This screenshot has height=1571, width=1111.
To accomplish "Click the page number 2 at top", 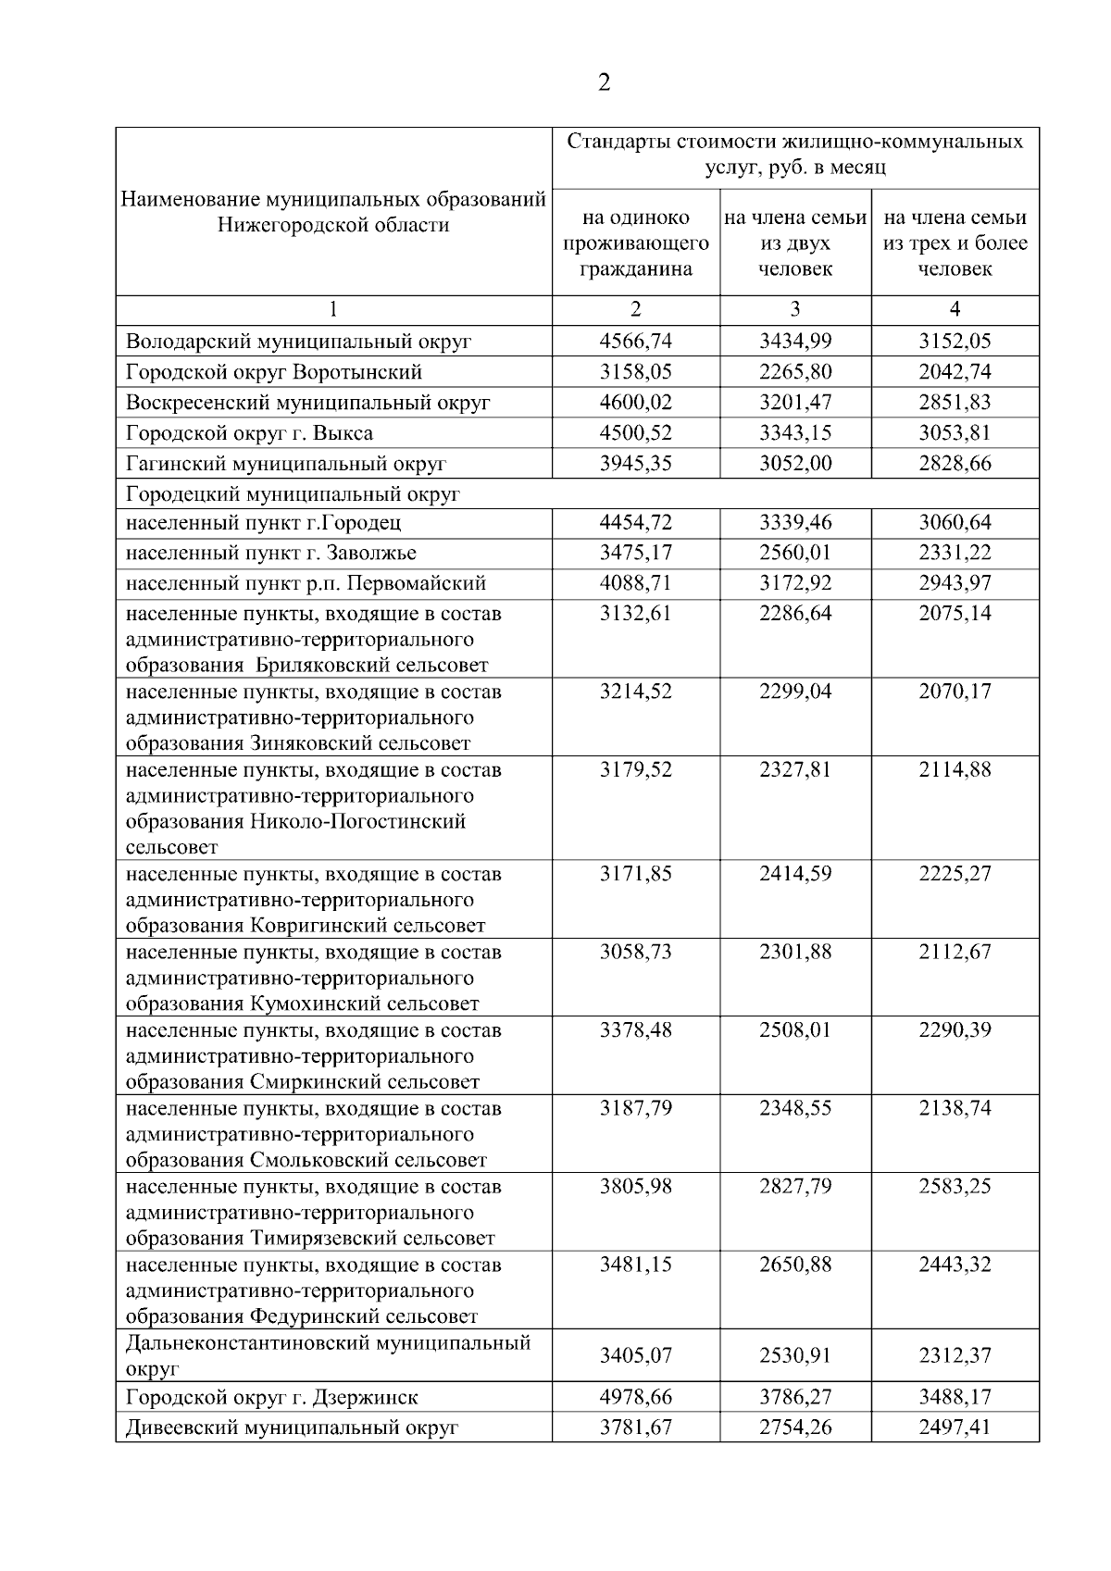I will point(604,83).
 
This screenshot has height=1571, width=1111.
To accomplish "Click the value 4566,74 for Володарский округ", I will point(635,341).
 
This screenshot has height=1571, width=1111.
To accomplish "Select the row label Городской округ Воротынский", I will point(274,372).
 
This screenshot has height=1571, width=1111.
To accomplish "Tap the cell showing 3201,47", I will point(795,403).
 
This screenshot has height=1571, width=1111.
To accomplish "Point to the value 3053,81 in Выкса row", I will point(955,433).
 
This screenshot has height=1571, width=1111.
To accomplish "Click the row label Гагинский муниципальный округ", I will point(286,464).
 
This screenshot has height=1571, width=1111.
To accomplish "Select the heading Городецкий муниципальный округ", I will point(293,494).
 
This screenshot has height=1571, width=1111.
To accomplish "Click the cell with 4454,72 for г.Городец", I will point(635,522).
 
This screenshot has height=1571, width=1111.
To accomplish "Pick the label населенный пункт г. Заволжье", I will point(271,553).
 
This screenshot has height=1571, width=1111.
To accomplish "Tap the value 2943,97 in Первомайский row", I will point(955,583).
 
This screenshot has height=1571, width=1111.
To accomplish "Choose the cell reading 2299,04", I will point(795,692).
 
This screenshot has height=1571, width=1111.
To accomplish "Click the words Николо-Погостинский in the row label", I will point(357,822).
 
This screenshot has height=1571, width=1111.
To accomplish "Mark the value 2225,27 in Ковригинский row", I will point(955,874).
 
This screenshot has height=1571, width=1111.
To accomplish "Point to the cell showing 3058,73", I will point(635,952).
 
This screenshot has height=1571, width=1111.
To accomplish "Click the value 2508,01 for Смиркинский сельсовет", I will point(795,1030).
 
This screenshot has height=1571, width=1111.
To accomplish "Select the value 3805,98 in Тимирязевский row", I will point(635,1187).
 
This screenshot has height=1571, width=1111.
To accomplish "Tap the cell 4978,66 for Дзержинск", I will point(635,1397).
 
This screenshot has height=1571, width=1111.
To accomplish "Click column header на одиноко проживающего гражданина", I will point(635,243).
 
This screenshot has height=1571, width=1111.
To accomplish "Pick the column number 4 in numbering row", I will point(955,309).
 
